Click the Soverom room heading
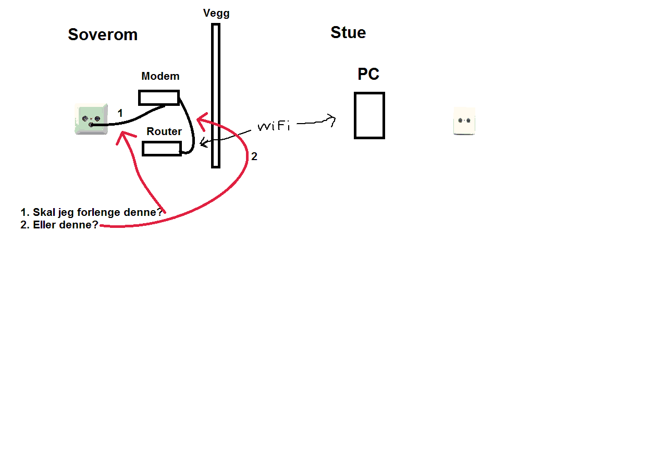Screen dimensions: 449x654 coord(103,35)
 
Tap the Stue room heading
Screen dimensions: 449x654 coord(348,33)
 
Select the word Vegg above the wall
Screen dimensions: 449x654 coord(216,13)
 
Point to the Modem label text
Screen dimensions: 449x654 coord(161,76)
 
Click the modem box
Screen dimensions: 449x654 coord(159,98)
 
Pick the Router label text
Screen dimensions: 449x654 coord(164,131)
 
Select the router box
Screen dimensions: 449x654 coord(162,149)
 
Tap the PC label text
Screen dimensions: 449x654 coord(368,75)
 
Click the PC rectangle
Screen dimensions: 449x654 coord(369,115)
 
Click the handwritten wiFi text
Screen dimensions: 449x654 coord(274,126)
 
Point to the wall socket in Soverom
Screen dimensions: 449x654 coord(91,119)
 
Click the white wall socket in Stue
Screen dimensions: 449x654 coord(464,121)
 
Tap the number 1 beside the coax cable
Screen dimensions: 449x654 coord(120,113)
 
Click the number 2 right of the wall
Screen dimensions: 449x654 coord(254,156)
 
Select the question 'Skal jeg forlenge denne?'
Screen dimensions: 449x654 coord(92,212)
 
